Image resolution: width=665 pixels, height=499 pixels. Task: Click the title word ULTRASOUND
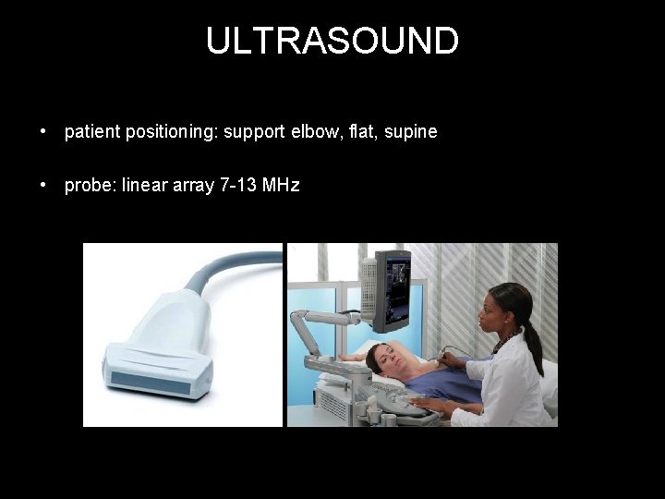(332, 42)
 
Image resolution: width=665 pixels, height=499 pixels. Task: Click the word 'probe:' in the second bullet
(89, 186)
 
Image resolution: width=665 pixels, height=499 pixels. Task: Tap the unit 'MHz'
(281, 186)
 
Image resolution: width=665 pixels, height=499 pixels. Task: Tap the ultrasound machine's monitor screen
(393, 286)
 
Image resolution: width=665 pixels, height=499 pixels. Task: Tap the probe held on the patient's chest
(444, 354)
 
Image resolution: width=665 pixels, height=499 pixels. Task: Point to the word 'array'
(189, 186)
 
